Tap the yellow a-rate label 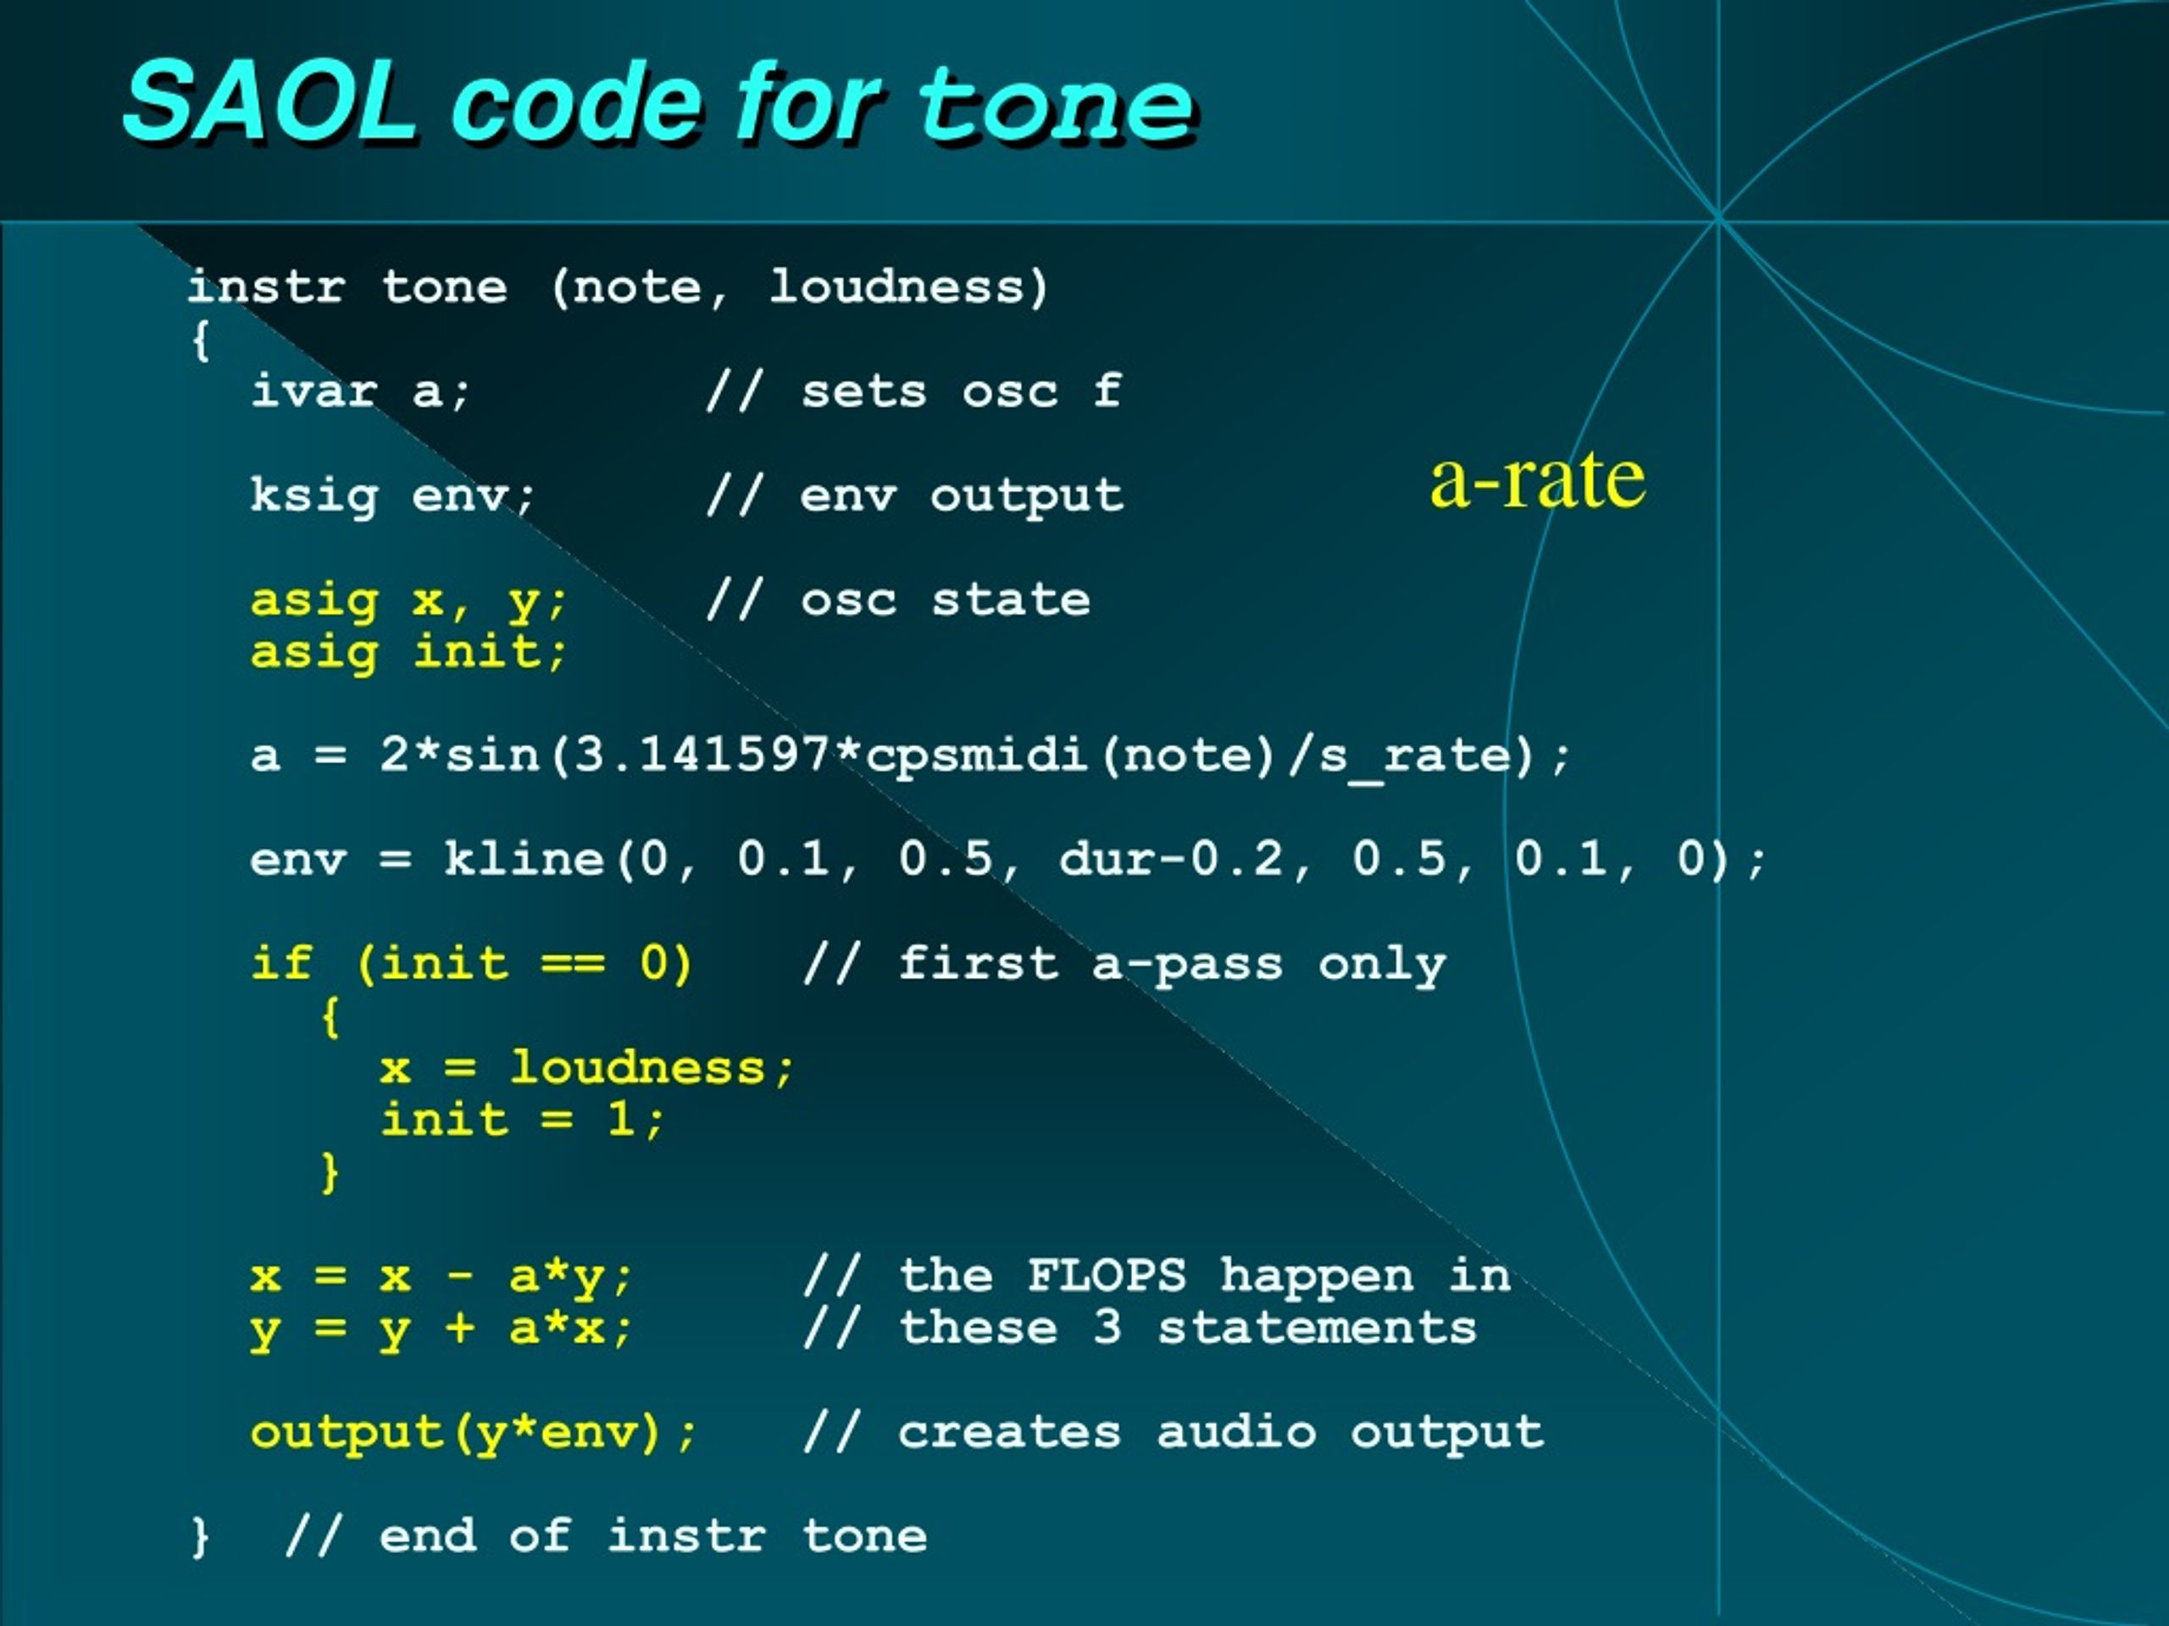tap(1537, 479)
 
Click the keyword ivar tap(313, 391)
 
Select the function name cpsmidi tap(977, 755)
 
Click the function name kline tap(524, 859)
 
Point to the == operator tap(573, 965)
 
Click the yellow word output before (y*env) tap(347, 1433)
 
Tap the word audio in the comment tap(1236, 1432)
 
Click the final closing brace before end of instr tap(200, 1537)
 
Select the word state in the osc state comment tap(1011, 600)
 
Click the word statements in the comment tap(1317, 1328)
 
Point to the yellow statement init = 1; tap(523, 1120)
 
